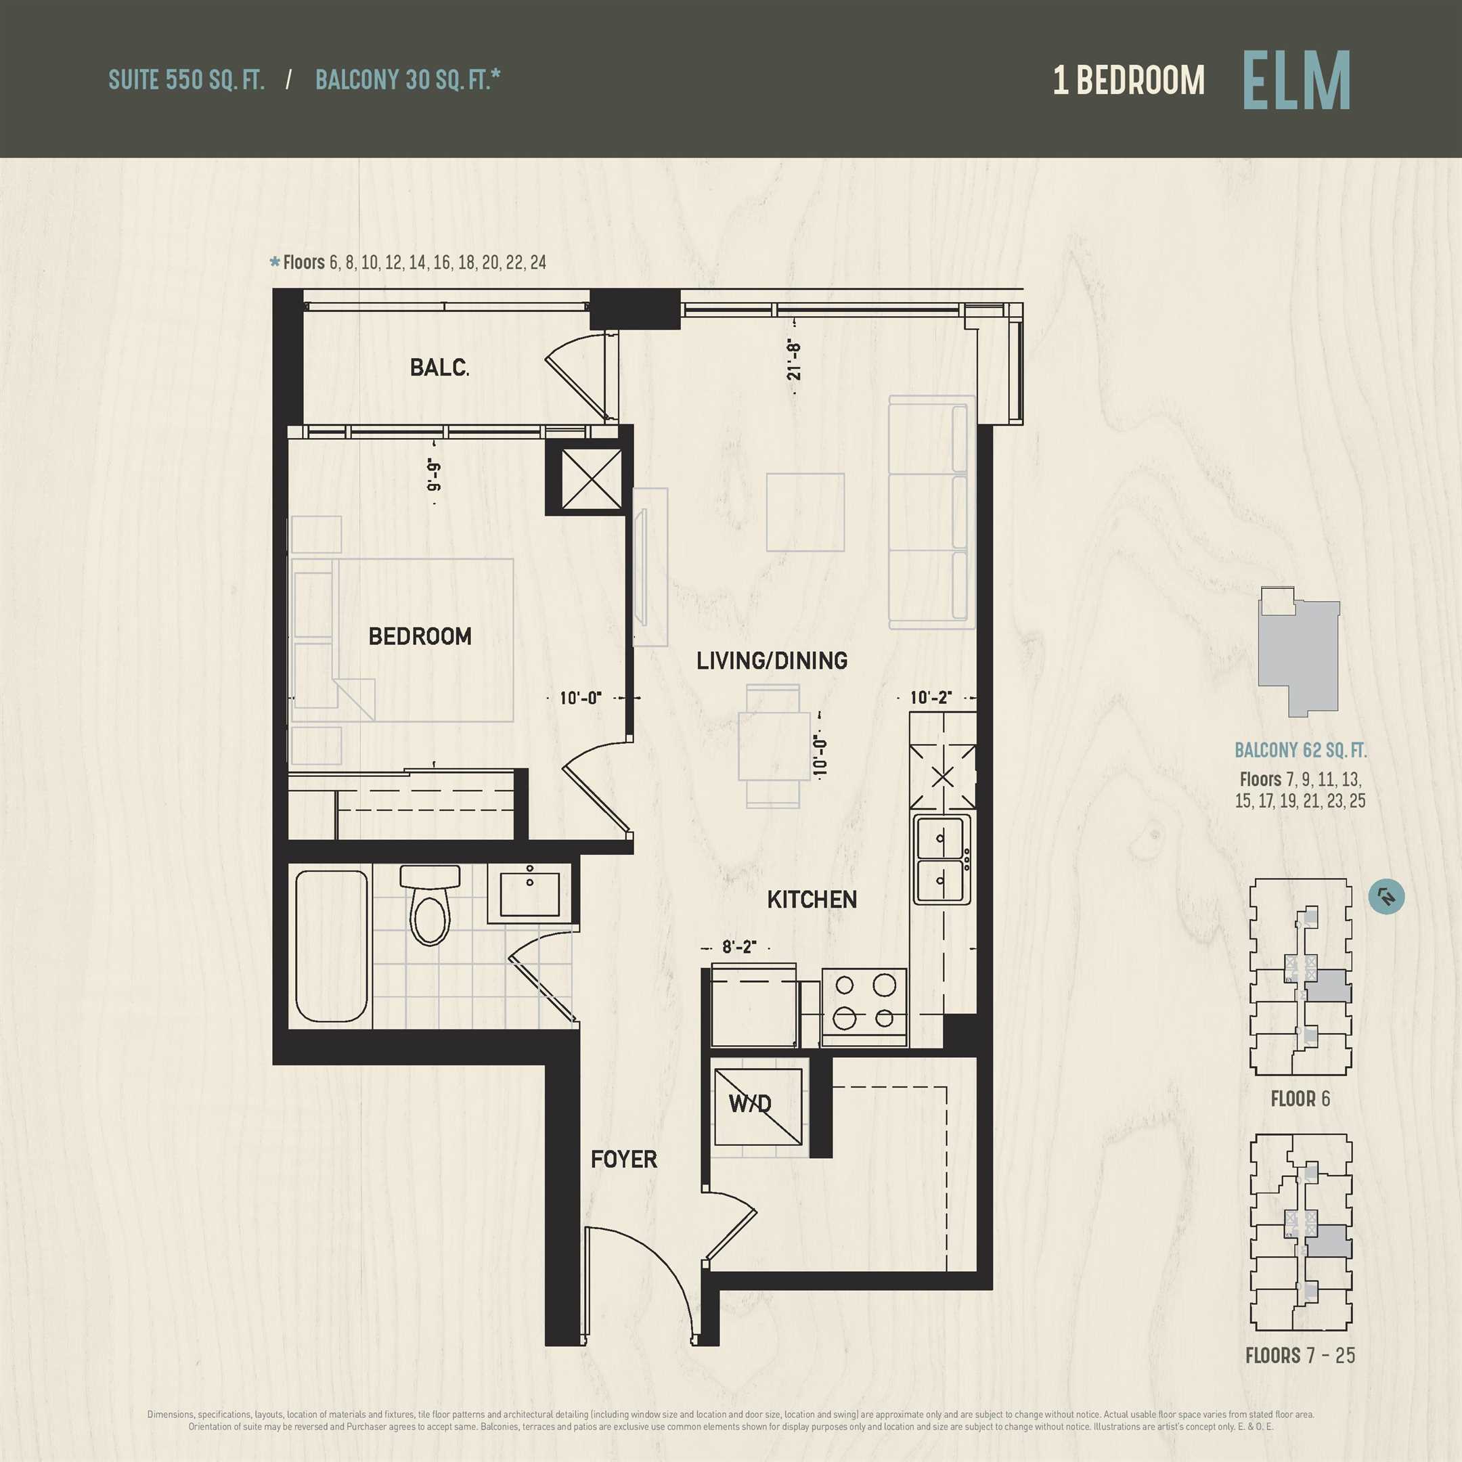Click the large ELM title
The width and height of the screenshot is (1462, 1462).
[x=1296, y=81]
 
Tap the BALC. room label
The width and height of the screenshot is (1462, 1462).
[x=440, y=368]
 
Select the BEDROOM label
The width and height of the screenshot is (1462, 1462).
[x=420, y=636]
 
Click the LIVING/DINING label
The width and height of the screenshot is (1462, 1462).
[x=772, y=661]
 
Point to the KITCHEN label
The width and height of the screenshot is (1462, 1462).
[x=812, y=900]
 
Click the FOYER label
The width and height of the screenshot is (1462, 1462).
[x=623, y=1159]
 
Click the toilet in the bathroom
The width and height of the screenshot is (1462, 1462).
[x=430, y=905]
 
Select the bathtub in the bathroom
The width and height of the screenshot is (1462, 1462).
[x=332, y=946]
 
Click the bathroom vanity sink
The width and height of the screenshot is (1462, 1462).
[x=530, y=893]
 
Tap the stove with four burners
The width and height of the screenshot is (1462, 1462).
[x=864, y=1007]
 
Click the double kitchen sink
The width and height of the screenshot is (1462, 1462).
[x=942, y=860]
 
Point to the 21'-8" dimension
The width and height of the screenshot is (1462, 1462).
[x=793, y=360]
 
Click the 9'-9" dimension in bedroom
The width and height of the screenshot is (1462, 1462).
[x=434, y=474]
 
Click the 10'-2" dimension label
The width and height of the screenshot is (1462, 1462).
[x=931, y=697]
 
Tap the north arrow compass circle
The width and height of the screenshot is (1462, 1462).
[x=1387, y=896]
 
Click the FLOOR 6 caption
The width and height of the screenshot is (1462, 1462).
[x=1300, y=1099]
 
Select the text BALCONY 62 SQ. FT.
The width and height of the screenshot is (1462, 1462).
[x=1301, y=750]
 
